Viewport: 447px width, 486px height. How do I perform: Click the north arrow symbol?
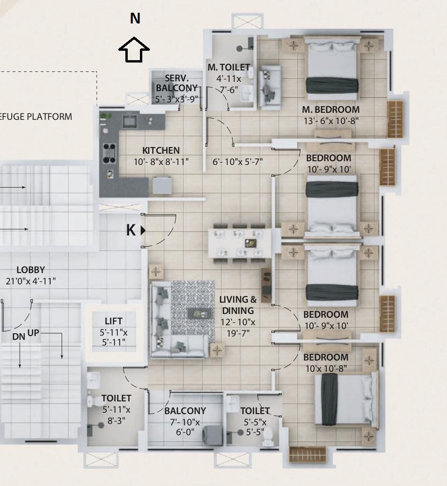click(x=134, y=50)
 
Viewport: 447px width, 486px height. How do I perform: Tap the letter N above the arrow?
click(x=135, y=18)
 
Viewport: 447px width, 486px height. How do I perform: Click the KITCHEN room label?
click(x=161, y=150)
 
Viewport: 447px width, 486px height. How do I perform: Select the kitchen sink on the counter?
click(x=130, y=121)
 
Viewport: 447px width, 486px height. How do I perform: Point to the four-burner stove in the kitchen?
click(x=109, y=153)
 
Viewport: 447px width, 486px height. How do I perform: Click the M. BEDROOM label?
click(x=331, y=110)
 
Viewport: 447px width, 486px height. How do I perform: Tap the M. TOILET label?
click(x=229, y=67)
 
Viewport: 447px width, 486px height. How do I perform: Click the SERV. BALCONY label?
click(x=177, y=83)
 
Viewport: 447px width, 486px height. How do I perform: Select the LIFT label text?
click(x=114, y=321)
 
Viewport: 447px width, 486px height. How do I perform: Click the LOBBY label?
click(x=31, y=270)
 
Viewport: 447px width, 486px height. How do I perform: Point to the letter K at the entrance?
click(x=131, y=230)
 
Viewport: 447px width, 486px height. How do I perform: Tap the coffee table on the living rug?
click(x=200, y=314)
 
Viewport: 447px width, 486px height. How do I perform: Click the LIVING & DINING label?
click(x=238, y=305)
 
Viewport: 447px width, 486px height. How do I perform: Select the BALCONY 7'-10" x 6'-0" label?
click(x=185, y=421)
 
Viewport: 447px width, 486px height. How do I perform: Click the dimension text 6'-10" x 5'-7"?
click(x=238, y=162)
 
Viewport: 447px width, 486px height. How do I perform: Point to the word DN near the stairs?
click(x=19, y=337)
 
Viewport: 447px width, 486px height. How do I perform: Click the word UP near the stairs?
click(x=33, y=333)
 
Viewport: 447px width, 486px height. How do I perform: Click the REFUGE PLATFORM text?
click(x=36, y=117)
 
